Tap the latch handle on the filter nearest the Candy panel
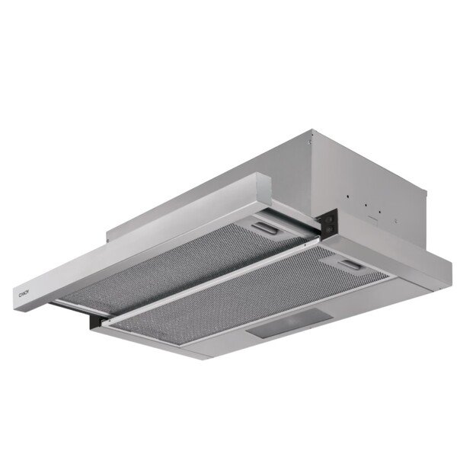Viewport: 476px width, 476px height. click(x=263, y=228)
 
